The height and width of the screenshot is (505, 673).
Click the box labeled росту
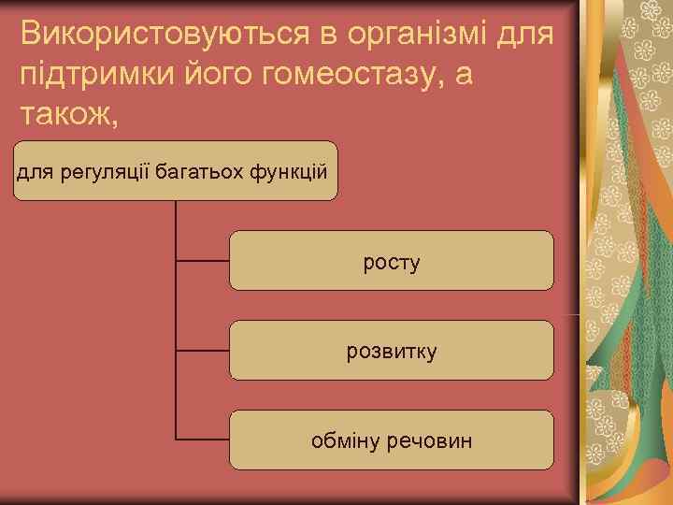point(391,261)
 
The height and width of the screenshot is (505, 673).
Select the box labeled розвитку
point(391,350)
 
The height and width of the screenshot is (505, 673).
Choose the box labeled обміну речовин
point(391,440)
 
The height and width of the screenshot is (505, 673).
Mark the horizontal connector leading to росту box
point(203,261)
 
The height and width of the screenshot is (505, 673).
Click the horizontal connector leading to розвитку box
point(203,351)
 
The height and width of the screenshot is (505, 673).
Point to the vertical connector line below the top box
point(176,309)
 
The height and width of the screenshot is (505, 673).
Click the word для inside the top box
point(35,171)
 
